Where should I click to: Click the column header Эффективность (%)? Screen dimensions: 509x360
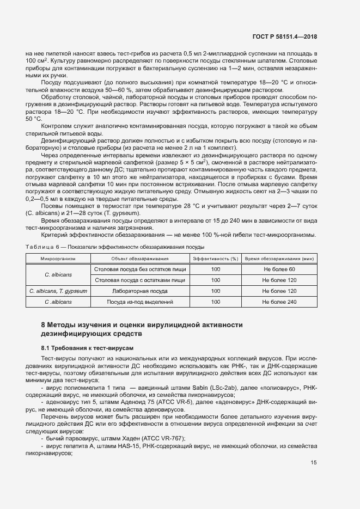[216, 258]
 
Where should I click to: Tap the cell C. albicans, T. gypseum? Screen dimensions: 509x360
[58, 291]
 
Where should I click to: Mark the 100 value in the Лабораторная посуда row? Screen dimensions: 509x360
[216, 291]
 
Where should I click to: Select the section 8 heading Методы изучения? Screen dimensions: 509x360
[142, 325]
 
